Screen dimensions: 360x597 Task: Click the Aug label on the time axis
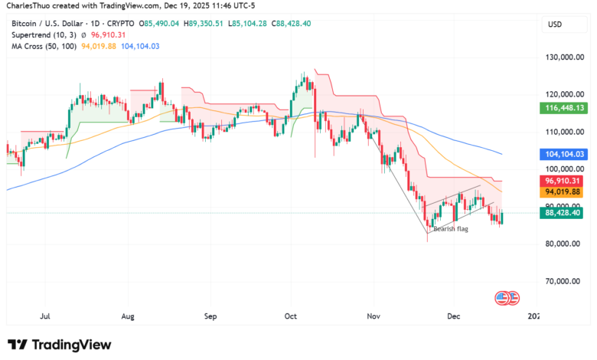click(x=128, y=315)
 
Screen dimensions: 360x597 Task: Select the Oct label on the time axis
click(x=290, y=315)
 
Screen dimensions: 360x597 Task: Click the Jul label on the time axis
click(x=45, y=315)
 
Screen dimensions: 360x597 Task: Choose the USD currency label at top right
click(x=554, y=25)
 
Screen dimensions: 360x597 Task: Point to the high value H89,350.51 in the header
click(x=203, y=24)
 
